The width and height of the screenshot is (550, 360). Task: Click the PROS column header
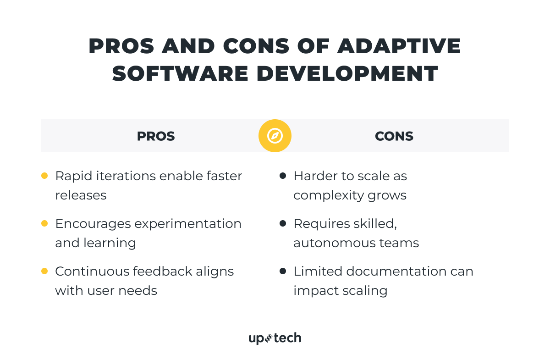tap(156, 136)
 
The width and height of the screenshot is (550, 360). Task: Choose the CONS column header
tap(394, 136)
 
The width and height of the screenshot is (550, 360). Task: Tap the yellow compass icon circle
tap(275, 136)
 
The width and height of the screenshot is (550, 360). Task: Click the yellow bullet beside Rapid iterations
tap(44, 176)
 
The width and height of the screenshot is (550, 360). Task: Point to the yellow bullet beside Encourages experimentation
tap(44, 223)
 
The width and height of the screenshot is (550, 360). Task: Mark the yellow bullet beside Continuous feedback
tap(44, 271)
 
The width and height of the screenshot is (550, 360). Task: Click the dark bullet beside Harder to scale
tap(283, 176)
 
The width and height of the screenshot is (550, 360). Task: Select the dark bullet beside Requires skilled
tap(283, 223)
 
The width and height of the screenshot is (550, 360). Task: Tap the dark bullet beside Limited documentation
tap(283, 271)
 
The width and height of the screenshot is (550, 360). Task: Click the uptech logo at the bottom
tap(275, 338)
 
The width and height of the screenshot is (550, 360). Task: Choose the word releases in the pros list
tap(81, 195)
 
